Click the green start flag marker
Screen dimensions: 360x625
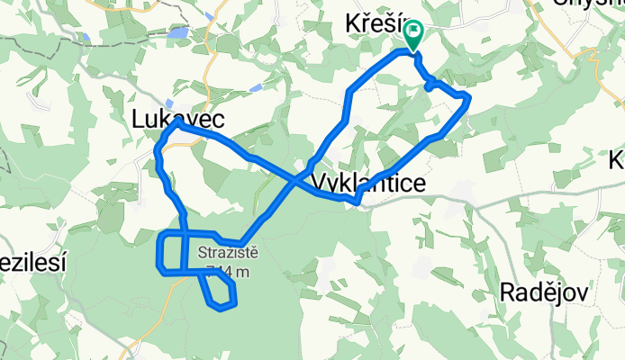coord(413,36)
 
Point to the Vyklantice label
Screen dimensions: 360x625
coord(368,183)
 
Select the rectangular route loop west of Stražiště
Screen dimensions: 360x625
coord(171,252)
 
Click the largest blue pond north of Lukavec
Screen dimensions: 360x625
coord(177,33)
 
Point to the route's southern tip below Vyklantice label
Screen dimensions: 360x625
coord(358,202)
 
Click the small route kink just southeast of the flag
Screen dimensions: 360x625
coord(430,85)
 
